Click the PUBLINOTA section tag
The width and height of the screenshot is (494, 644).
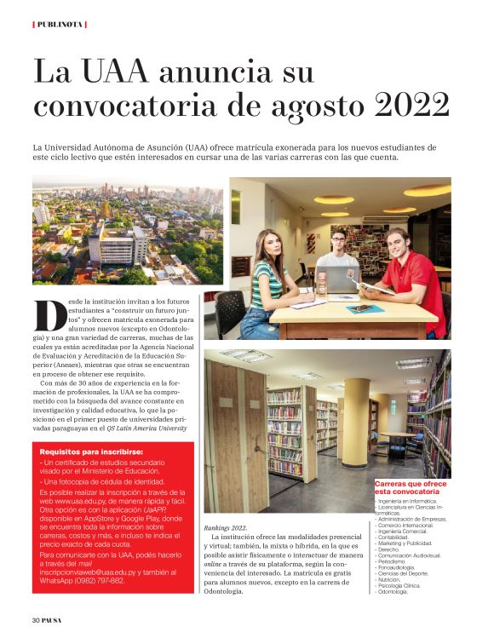pos(60,24)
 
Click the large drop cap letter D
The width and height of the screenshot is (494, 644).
pos(50,314)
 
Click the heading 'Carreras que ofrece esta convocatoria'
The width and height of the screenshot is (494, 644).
pos(411,488)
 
